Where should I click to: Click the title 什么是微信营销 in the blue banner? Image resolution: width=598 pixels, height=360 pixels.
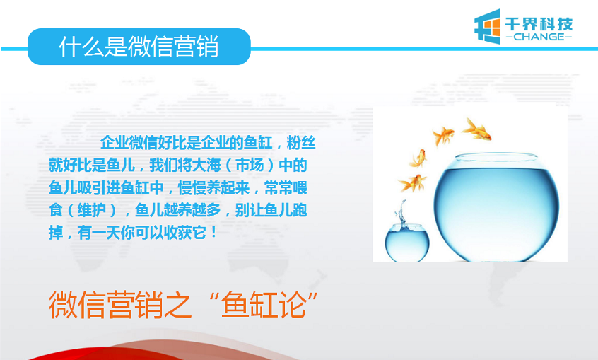click(139, 47)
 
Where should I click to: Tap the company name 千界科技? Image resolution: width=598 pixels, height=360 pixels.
click(539, 23)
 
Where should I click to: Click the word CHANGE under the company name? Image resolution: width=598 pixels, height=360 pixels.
click(539, 37)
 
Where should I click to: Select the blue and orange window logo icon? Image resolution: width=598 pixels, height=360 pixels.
click(487, 26)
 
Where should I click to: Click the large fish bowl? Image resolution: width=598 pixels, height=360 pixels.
click(496, 207)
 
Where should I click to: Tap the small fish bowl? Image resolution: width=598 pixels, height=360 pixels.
click(407, 243)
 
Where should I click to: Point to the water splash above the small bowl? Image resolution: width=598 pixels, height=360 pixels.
click(401, 214)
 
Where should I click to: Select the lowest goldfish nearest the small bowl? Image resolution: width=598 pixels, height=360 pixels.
click(412, 183)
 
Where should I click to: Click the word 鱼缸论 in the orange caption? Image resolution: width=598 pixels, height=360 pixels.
click(264, 305)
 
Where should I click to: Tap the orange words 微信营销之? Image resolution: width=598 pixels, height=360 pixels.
click(119, 305)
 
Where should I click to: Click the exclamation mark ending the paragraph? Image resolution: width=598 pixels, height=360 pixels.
click(213, 232)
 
